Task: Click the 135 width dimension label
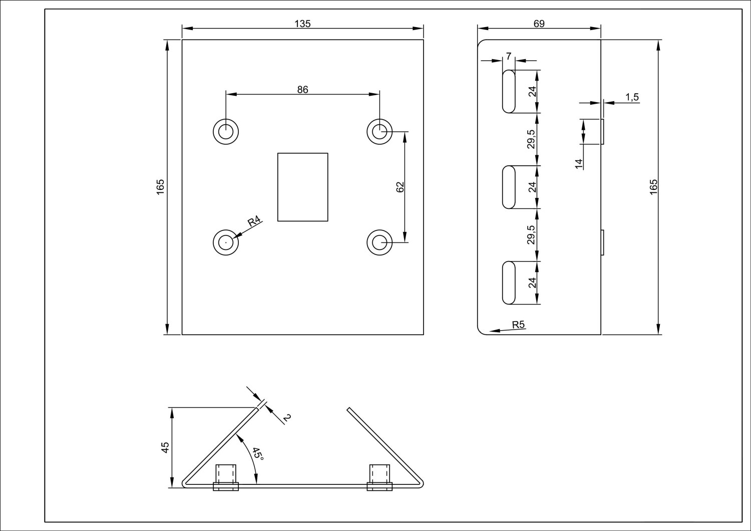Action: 303,24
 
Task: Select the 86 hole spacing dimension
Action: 302,90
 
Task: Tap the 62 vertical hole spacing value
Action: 400,187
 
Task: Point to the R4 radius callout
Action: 254,221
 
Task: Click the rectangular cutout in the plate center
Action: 303,187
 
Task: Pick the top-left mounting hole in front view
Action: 226,132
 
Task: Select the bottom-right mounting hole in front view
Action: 380,242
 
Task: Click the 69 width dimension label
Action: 539,24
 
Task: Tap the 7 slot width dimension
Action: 509,57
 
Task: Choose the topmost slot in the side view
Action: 509,91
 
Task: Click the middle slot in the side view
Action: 509,187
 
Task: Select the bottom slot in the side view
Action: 509,283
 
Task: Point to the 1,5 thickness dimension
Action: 632,97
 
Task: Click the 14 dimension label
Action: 579,163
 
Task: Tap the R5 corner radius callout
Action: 519,325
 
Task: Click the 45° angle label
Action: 257,453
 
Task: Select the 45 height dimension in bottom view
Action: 165,447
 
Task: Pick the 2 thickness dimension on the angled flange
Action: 287,417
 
